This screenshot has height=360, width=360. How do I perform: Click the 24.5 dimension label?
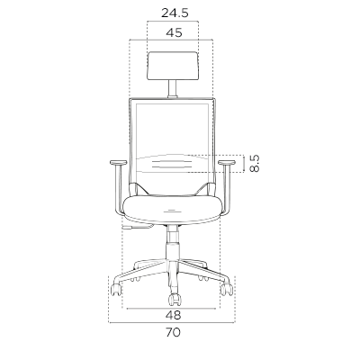pos(175,13)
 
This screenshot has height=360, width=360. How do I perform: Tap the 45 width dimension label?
pos(174,32)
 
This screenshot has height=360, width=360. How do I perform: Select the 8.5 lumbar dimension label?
pos(254,163)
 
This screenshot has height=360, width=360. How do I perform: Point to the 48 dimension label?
pos(174,315)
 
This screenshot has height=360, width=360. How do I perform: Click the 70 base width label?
pos(173,332)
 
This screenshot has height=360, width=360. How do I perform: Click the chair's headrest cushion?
pos(173,66)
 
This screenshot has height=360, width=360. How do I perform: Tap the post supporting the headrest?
pos(172,89)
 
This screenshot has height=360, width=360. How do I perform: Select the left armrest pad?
pos(119,163)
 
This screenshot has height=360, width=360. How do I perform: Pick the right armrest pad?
pos(227,163)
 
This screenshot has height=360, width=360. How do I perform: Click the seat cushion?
pos(173,210)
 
